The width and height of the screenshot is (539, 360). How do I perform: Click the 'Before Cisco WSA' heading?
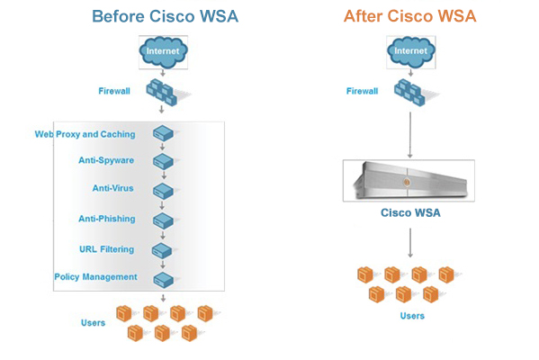[x=165, y=16]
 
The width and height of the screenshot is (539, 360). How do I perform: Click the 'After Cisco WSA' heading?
[x=410, y=16]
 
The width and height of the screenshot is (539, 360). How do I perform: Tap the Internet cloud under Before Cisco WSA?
[x=163, y=52]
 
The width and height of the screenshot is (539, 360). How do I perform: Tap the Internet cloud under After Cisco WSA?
[x=411, y=51]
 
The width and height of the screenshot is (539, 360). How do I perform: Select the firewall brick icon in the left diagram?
[x=162, y=92]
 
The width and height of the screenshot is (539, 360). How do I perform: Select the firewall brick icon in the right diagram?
[x=409, y=92]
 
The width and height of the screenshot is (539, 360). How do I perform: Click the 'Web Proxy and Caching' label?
[x=85, y=134]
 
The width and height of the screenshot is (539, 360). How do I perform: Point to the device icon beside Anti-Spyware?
[x=163, y=161]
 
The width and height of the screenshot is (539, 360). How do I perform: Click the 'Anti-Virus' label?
[x=112, y=188]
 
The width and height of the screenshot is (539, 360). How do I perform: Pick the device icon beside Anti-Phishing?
[x=163, y=220]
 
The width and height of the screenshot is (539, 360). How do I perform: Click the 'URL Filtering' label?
[x=106, y=249]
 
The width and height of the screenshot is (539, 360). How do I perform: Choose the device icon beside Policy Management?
[x=163, y=280]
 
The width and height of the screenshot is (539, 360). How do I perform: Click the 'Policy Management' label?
[x=96, y=277]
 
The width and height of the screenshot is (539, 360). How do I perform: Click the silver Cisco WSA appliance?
[x=409, y=181]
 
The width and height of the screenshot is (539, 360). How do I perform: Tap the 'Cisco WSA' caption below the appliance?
[x=410, y=212]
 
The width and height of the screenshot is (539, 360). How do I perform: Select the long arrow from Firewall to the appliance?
[x=410, y=135]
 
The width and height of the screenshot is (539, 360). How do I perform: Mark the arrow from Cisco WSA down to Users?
[x=410, y=243]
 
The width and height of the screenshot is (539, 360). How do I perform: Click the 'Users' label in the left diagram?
[x=94, y=323]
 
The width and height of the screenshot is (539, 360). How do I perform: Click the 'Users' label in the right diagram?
[x=412, y=316]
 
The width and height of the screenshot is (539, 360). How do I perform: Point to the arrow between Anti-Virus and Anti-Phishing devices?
[x=162, y=205]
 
